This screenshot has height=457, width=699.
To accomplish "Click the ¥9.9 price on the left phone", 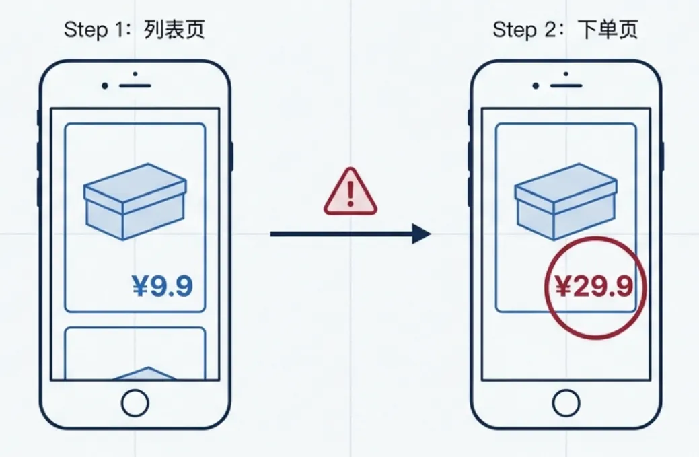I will point(162,286).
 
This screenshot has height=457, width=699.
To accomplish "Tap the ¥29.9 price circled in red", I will point(594,287).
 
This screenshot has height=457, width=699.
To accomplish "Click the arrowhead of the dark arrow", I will point(422,234).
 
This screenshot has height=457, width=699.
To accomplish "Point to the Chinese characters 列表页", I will point(175,30).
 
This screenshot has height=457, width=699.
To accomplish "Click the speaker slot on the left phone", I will point(135,85).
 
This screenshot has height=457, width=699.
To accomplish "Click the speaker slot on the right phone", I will point(566,85).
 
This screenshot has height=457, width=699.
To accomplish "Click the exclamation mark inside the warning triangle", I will point(350,195).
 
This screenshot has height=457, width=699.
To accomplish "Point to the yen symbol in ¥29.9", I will point(563,287).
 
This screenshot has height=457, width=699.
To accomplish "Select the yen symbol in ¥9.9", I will point(139,286).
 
